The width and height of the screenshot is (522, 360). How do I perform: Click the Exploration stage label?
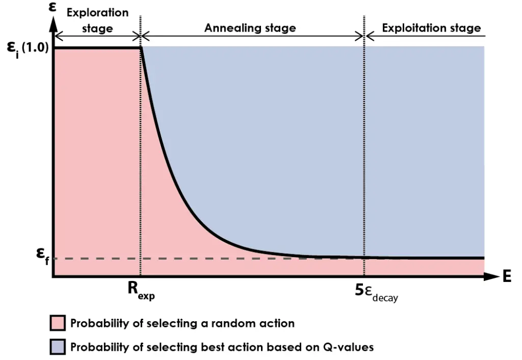97,20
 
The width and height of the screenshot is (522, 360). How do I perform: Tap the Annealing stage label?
250,28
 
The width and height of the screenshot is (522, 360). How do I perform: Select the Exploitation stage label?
431,28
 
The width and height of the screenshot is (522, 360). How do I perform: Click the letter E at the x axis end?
506,277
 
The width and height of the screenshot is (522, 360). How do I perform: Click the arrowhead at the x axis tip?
491,277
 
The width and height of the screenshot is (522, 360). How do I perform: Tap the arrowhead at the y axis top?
53,23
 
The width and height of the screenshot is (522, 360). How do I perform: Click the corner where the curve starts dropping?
141,48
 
